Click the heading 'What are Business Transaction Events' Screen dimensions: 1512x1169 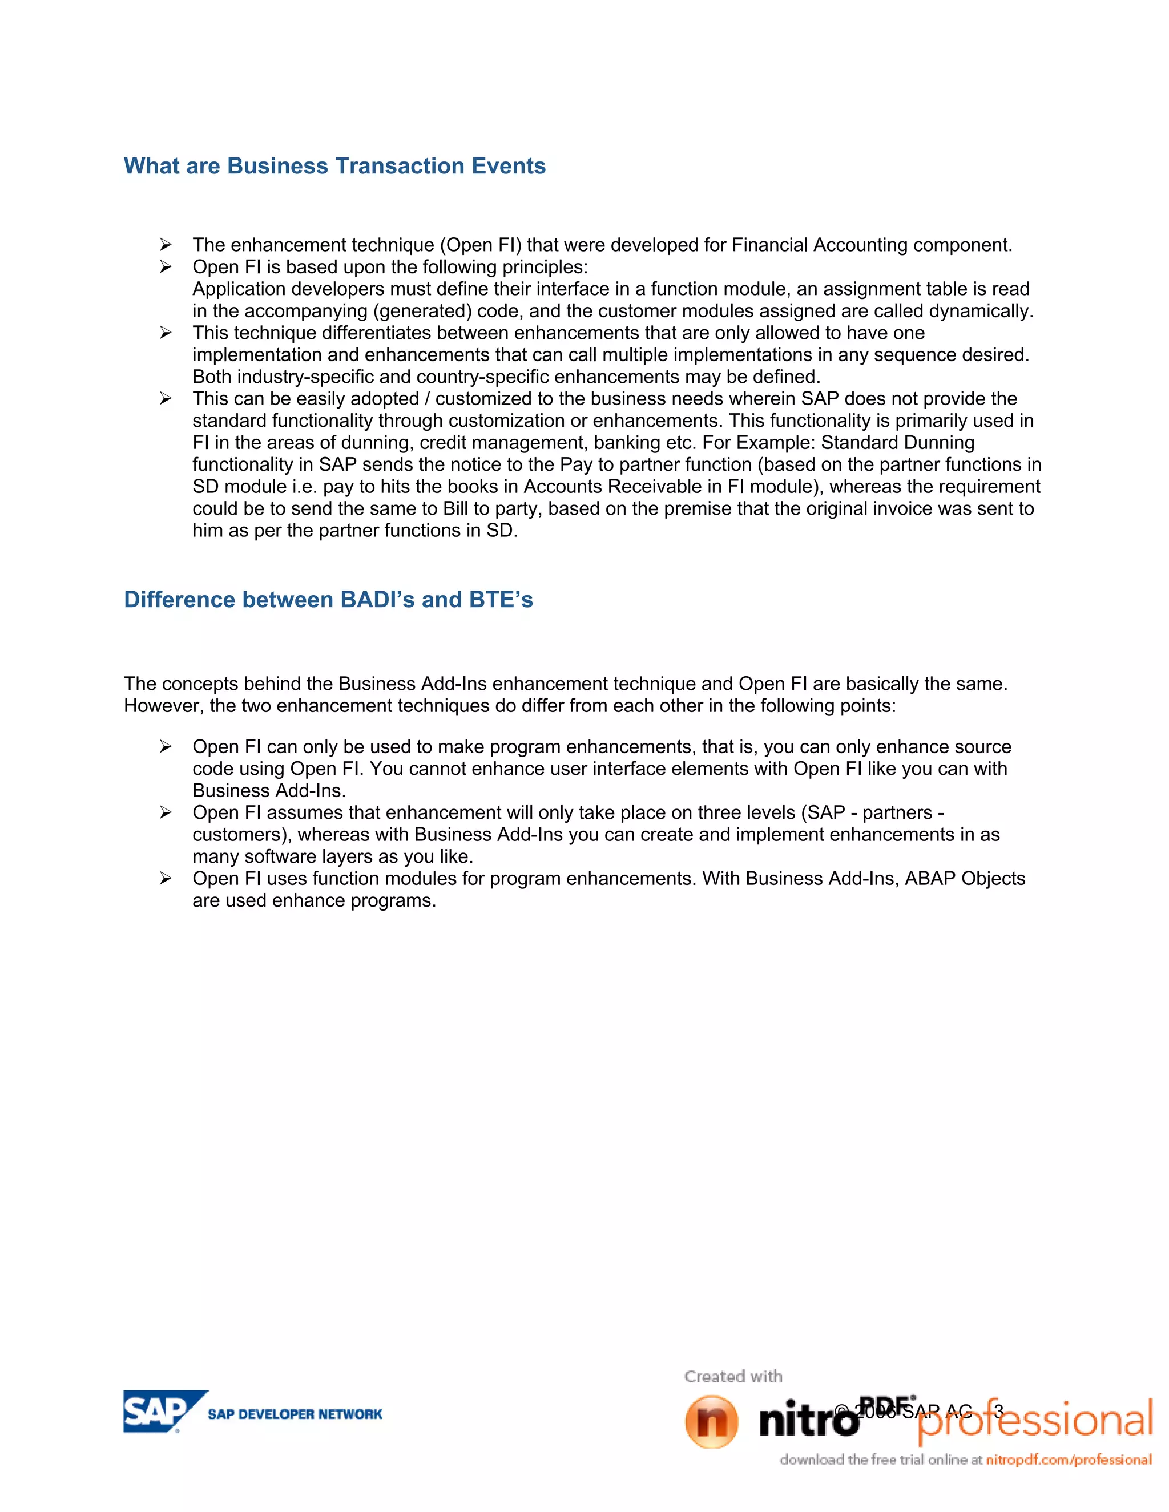[334, 166]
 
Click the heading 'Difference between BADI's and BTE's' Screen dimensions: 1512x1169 [328, 600]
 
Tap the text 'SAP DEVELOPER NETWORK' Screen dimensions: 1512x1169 [295, 1414]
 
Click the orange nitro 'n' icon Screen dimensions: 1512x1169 [711, 1421]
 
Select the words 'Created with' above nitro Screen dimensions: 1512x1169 [733, 1376]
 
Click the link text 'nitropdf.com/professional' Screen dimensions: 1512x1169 [1069, 1460]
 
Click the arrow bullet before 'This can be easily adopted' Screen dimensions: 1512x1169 [166, 398]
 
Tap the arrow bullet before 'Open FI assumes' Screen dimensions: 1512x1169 [166, 812]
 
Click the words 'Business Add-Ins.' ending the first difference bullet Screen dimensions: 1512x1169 [269, 791]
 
